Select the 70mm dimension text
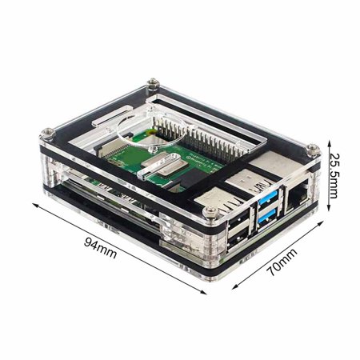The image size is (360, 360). (282, 262)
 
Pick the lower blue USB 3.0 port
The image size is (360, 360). (266, 214)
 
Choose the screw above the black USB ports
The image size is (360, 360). (210, 210)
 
